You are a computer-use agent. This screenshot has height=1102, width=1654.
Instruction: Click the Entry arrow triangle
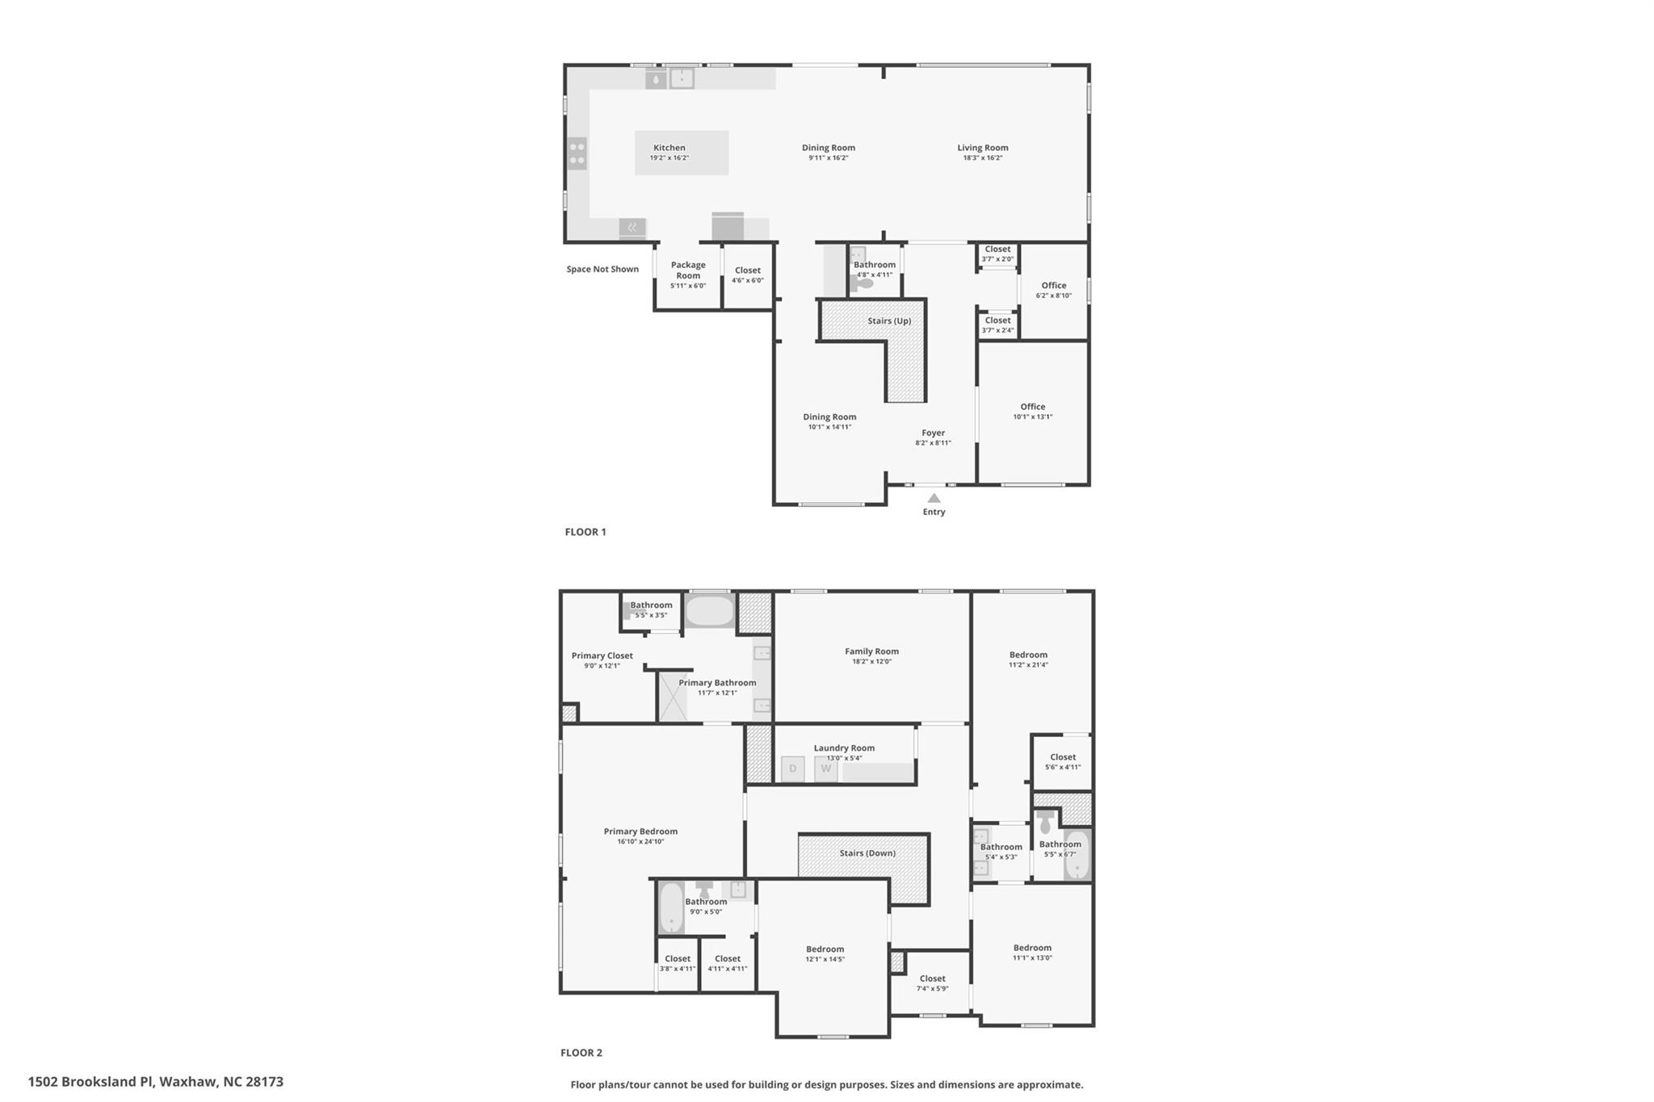[934, 498]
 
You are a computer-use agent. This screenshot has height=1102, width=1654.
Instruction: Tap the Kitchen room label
[669, 148]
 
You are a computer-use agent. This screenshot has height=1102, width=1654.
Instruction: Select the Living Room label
[982, 148]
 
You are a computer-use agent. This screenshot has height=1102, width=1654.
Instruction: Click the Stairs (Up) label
[889, 321]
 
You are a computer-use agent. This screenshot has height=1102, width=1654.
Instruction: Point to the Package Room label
[688, 270]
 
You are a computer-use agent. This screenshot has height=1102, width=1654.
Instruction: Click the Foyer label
[933, 433]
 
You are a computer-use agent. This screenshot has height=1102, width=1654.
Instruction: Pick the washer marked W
[825, 769]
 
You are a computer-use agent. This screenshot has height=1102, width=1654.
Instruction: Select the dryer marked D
[792, 769]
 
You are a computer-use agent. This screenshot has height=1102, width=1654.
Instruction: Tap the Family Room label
[871, 652]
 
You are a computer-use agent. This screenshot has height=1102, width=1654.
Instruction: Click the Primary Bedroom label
[640, 832]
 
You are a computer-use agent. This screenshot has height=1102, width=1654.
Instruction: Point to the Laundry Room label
[844, 748]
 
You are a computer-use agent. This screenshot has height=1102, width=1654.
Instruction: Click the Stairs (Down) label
[867, 853]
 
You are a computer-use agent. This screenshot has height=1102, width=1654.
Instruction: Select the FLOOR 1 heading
[586, 532]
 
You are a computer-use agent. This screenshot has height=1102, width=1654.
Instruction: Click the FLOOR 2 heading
[581, 1053]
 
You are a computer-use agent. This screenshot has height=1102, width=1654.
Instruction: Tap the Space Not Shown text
[602, 269]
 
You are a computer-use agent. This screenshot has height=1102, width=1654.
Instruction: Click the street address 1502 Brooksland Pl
[156, 1082]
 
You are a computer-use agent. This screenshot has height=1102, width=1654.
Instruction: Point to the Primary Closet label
[602, 656]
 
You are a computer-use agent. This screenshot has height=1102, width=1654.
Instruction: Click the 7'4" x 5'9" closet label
[932, 983]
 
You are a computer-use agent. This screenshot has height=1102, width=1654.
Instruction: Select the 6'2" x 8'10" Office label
[1054, 290]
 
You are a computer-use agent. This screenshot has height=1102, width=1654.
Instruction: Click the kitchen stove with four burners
[577, 153]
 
